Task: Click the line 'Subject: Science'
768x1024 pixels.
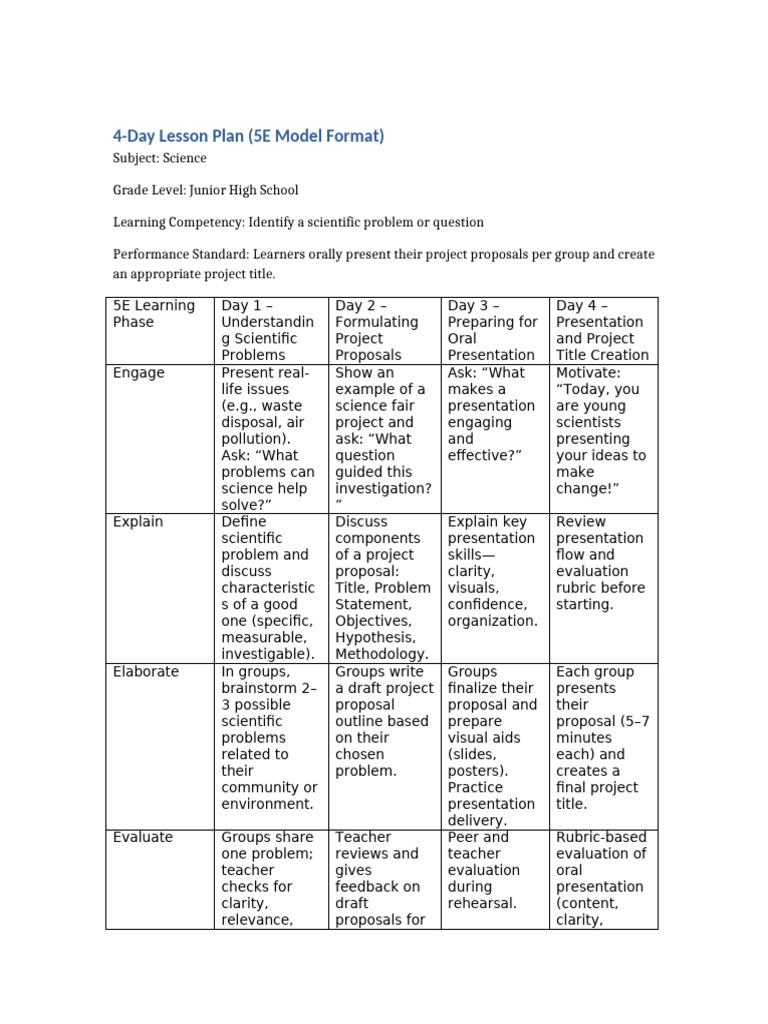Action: pos(159,158)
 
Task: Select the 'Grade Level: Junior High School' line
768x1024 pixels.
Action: pos(205,190)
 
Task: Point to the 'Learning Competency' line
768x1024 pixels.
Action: pos(298,222)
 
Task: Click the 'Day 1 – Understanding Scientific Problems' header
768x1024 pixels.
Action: pos(267,330)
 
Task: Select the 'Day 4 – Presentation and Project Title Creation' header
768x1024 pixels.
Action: pos(602,330)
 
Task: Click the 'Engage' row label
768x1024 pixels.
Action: pos(139,373)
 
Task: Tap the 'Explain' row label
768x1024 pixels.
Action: pos(138,522)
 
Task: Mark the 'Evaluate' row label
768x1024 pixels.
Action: pos(143,837)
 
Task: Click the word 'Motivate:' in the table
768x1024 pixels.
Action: pos(589,373)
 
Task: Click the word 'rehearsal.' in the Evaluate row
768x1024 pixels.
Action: pos(482,903)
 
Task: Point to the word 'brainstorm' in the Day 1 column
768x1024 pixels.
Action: pos(261,688)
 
